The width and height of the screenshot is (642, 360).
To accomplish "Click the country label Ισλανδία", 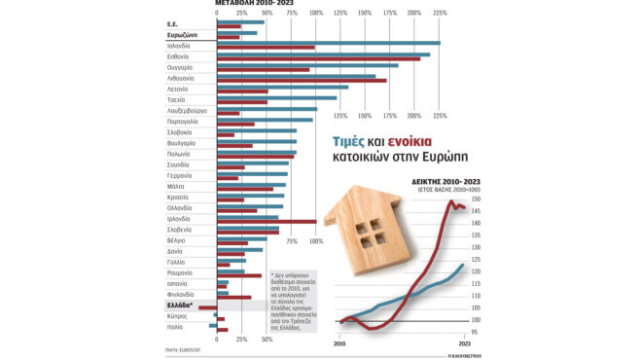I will pyautogui.click(x=178, y=46).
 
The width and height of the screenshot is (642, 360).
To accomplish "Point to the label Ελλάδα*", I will pyautogui.click(x=181, y=306).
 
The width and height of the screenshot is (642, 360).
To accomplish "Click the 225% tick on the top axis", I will pyautogui.click(x=440, y=13).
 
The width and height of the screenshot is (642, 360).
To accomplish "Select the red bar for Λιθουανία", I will pyautogui.click(x=302, y=80).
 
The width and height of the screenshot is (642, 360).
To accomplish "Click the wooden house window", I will pyautogui.click(x=371, y=233).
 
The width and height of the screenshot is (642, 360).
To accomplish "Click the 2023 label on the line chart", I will pyautogui.click(x=466, y=344).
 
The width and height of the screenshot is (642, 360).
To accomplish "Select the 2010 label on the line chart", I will pyautogui.click(x=340, y=344).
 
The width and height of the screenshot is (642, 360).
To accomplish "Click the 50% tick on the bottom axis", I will pyautogui.click(x=267, y=340).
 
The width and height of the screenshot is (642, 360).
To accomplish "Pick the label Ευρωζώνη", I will pyautogui.click(x=184, y=35).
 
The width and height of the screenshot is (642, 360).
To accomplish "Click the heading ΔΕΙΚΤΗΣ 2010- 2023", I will pyautogui.click(x=445, y=182).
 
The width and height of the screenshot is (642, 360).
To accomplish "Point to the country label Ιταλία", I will pyautogui.click(x=175, y=327).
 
